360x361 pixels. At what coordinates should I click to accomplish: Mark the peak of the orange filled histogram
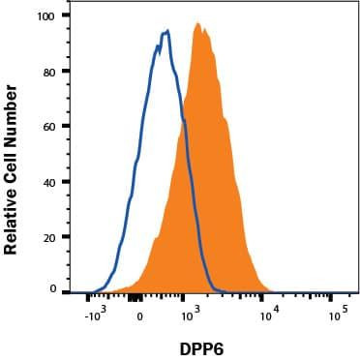[x=197, y=24]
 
